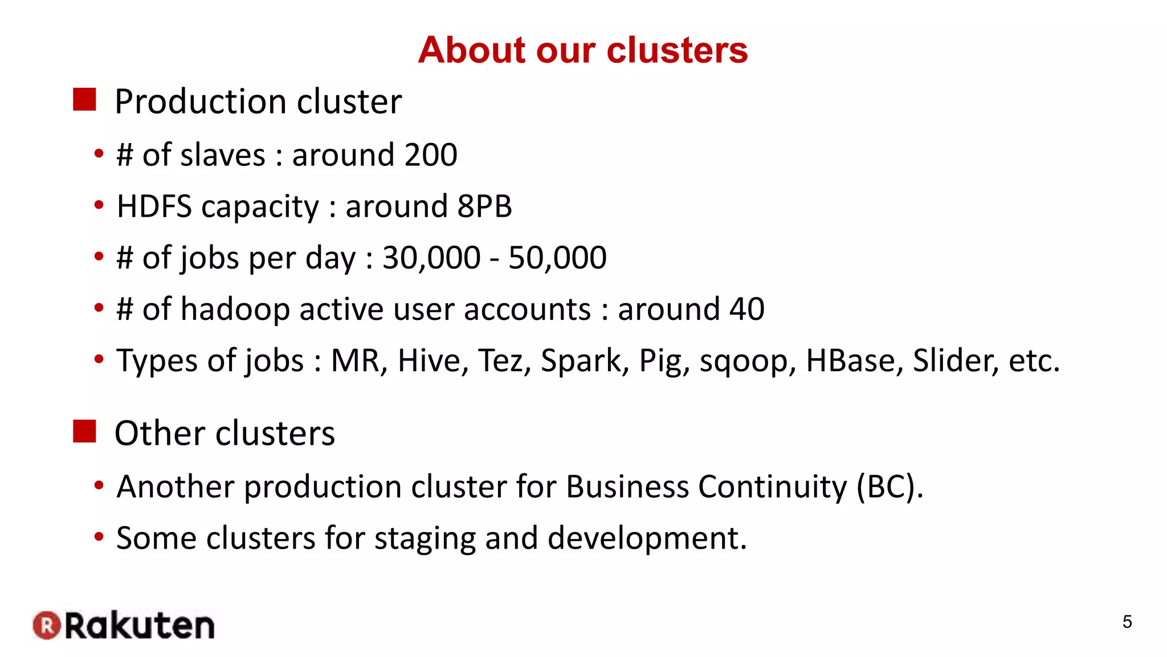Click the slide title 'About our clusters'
click(582, 50)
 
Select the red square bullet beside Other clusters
click(84, 431)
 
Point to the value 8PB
click(485, 206)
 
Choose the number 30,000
click(431, 258)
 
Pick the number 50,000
click(557, 258)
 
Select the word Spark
click(585, 361)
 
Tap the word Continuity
click(773, 487)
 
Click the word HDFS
click(154, 206)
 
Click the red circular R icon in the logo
click(47, 625)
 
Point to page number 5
click(1127, 622)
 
